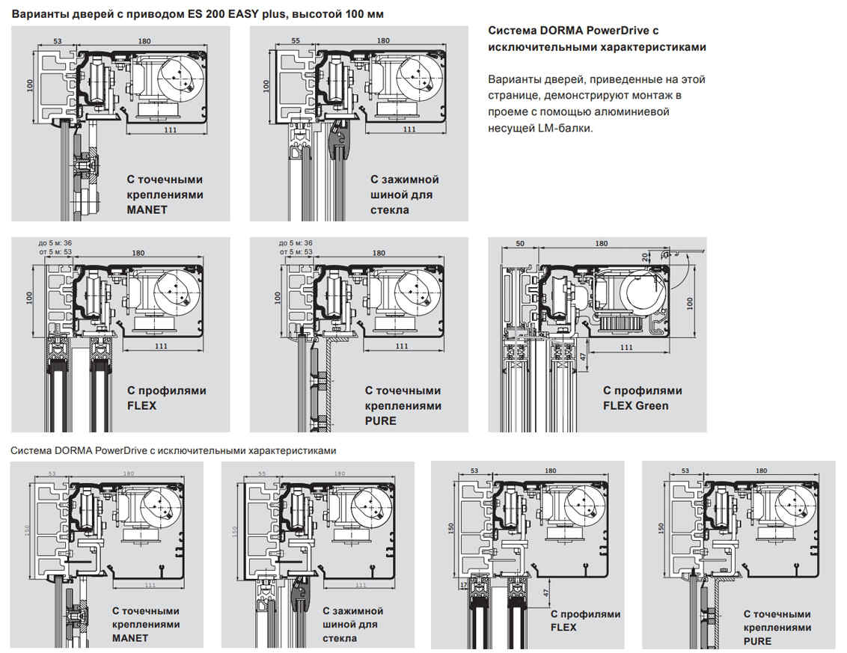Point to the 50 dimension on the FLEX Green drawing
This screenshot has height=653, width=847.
coord(520,244)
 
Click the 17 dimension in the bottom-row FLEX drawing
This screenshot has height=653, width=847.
coord(465,583)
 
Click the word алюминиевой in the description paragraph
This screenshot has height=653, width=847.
coord(639,111)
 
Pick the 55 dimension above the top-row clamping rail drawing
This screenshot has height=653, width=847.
coord(295,40)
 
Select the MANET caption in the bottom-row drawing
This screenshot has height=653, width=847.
coord(130,638)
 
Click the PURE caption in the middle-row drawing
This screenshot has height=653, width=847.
coord(381,420)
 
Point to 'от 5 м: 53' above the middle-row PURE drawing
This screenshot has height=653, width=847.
coord(296,251)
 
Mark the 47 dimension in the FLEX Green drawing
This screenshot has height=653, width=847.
coord(581,357)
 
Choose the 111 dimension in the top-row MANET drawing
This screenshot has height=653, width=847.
coord(171,129)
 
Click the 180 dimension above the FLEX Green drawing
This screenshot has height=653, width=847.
coord(601,244)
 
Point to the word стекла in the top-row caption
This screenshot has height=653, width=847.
coord(390,209)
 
